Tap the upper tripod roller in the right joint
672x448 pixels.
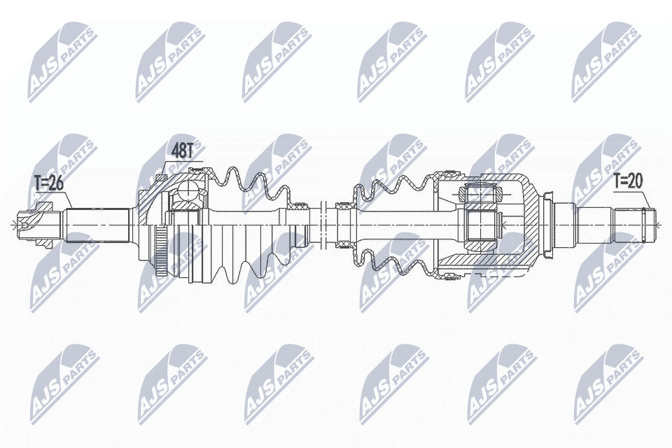(481, 192)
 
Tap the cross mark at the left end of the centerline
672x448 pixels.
(13, 224)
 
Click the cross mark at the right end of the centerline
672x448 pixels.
(659, 224)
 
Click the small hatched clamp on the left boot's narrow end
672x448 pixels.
(302, 207)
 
